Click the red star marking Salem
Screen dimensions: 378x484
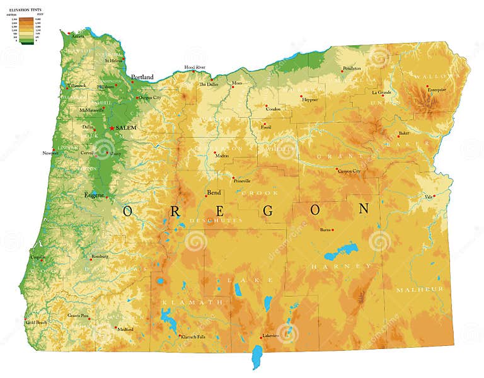(112, 128)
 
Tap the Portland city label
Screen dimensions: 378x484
(142, 77)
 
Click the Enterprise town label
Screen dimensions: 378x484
(437, 89)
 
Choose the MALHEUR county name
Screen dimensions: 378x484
(419, 289)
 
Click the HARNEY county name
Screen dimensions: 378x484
(341, 266)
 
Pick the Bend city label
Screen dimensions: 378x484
(214, 193)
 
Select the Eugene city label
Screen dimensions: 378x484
(94, 195)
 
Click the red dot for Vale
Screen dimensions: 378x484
(434, 196)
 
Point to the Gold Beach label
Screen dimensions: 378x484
(37, 323)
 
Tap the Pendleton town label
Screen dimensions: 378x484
(352, 68)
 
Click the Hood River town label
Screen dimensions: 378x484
(195, 67)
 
